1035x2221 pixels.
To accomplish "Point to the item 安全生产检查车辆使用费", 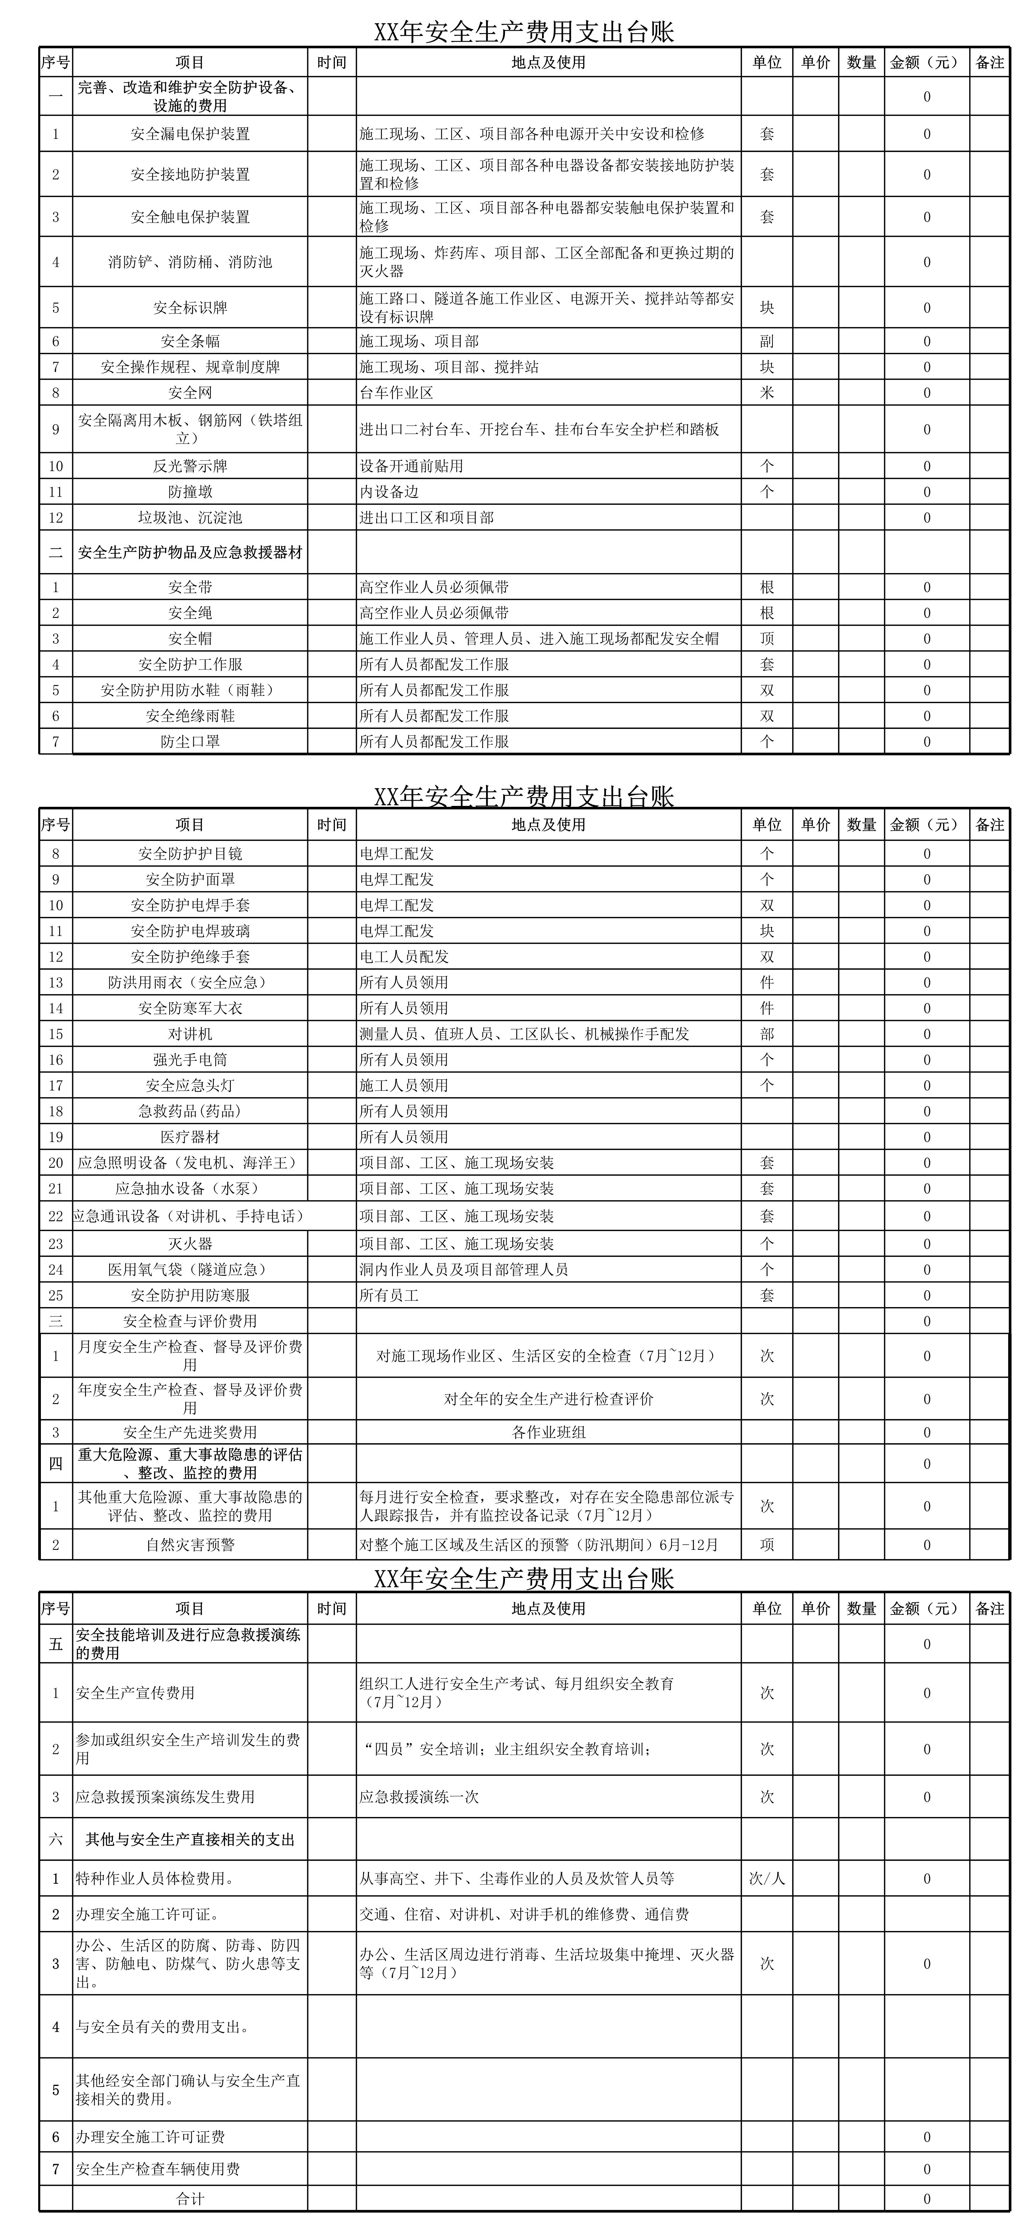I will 158,2169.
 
